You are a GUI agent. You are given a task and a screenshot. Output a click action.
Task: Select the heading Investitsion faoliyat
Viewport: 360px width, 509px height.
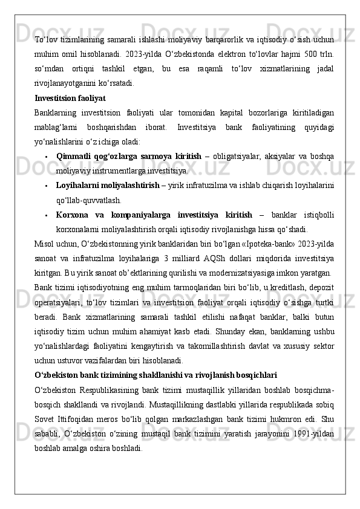pyautogui.click(x=70, y=97)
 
